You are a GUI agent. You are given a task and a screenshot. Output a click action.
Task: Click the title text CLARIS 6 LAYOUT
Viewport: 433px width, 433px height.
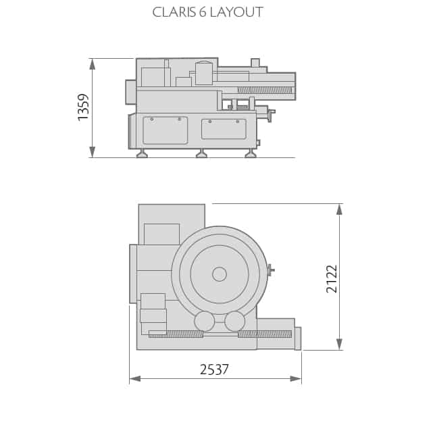click(207, 12)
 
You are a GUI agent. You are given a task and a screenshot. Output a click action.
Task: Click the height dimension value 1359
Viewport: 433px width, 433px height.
click(84, 107)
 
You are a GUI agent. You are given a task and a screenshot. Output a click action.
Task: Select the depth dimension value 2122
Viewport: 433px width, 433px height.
click(332, 278)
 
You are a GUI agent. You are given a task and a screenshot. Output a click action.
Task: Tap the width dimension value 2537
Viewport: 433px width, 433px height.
click(214, 370)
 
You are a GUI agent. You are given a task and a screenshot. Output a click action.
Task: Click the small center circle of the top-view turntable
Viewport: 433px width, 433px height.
click(220, 274)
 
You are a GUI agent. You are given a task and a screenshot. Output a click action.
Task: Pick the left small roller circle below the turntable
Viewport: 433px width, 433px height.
click(204, 321)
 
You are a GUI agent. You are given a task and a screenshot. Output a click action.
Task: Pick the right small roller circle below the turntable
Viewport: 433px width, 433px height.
click(234, 321)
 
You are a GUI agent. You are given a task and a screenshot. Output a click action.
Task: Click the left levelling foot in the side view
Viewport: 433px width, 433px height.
click(142, 154)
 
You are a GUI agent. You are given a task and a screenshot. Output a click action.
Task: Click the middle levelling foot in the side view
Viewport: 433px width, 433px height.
click(201, 154)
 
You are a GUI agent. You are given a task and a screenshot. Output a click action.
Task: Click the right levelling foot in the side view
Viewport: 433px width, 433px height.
click(251, 154)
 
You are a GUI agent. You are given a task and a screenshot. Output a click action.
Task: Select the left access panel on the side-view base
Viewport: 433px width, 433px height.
click(165, 130)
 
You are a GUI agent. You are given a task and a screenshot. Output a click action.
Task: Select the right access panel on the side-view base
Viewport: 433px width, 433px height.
click(224, 129)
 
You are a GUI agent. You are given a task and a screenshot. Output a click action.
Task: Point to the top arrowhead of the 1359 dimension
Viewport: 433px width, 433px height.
click(93, 64)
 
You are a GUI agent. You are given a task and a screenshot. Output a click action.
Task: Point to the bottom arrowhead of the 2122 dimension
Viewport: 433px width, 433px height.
click(339, 344)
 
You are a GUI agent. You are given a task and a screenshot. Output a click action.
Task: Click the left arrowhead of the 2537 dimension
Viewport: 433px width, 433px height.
click(135, 379)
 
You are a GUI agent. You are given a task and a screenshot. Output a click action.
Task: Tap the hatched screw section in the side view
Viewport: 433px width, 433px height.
click(264, 90)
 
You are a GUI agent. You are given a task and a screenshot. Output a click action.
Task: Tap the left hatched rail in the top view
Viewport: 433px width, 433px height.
click(176, 334)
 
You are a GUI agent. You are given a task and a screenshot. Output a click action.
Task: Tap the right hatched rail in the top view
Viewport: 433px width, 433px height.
click(265, 334)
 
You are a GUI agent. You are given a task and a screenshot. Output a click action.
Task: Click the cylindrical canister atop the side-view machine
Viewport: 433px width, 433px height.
click(204, 73)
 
